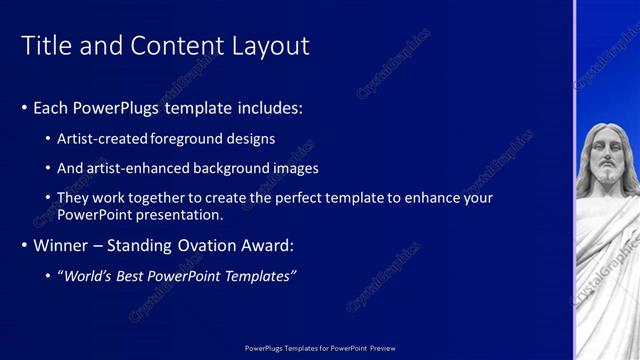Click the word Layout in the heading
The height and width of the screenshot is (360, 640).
tap(271, 46)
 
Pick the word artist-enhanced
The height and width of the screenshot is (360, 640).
tap(137, 168)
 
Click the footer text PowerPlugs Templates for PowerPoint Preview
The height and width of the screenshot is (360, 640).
tap(320, 348)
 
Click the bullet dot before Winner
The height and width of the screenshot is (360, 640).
tap(25, 245)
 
